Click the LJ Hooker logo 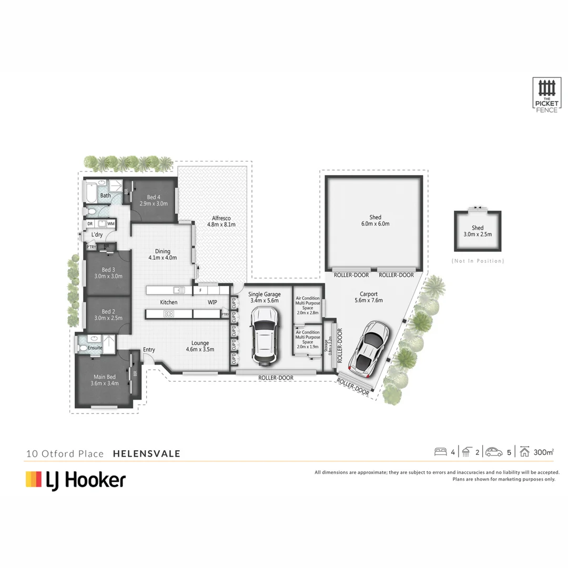click(x=76, y=480)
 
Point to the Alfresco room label click(x=221, y=221)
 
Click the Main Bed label click(x=105, y=380)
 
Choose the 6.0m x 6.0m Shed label click(x=375, y=220)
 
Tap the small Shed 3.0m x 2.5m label click(x=478, y=231)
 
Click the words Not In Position click(x=478, y=261)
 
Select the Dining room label click(x=162, y=255)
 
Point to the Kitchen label click(x=169, y=302)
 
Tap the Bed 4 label click(x=153, y=200)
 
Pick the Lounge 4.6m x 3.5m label click(x=200, y=346)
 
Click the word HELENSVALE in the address click(x=147, y=453)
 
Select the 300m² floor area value click(x=543, y=452)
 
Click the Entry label click(x=149, y=350)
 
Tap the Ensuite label click(x=95, y=348)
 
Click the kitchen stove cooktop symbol click(x=169, y=314)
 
